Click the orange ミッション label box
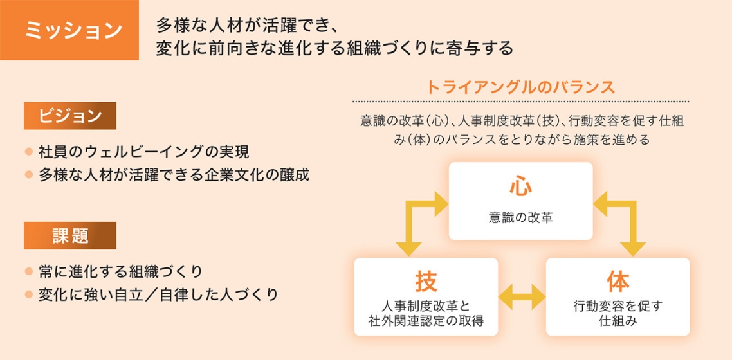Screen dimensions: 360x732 69,30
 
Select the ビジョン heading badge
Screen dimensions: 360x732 70,116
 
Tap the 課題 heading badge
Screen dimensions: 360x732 70,235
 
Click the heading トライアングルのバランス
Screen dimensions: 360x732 520,87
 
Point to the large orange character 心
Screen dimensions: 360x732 520,186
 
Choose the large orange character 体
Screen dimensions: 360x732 618,282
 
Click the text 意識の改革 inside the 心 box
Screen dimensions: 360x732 520,219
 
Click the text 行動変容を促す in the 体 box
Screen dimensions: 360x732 618,305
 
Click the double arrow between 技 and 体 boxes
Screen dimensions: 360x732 522,297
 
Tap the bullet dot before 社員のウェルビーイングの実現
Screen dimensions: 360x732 28,152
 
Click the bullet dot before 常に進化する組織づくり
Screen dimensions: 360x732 28,271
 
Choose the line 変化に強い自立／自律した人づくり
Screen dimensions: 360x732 158,294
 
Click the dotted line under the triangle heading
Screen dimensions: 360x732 520,102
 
